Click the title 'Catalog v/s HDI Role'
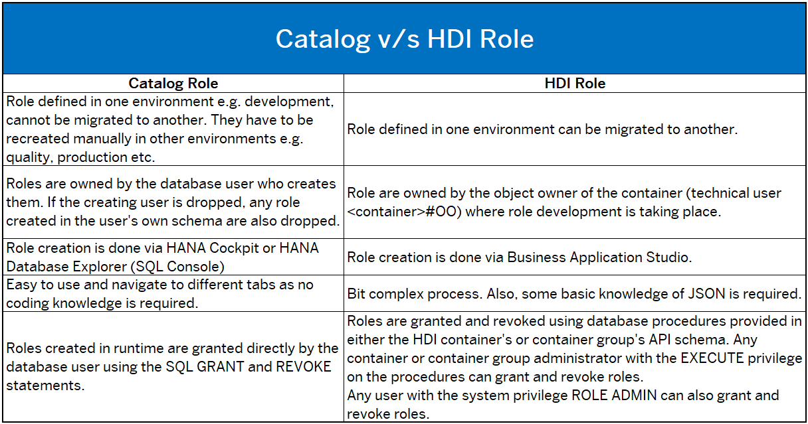pos(405,39)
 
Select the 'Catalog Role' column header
pos(173,83)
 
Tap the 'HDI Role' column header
pos(575,83)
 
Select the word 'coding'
pos(27,303)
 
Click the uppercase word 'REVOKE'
pos(304,367)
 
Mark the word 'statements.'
pos(45,386)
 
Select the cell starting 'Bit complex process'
pos(574,293)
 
